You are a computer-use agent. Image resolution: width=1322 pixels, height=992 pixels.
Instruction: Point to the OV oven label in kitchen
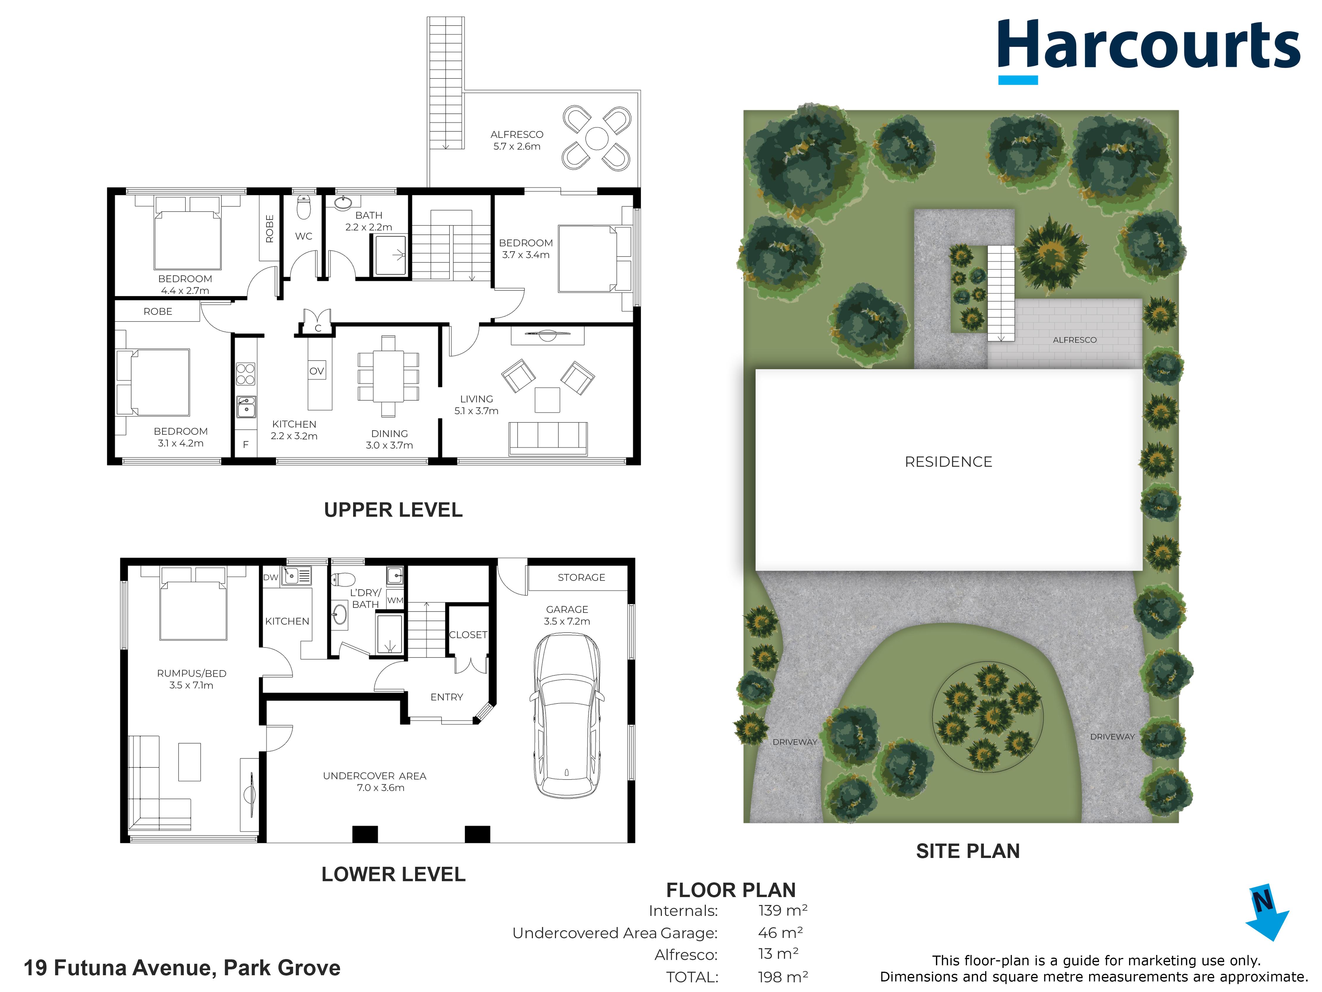pyautogui.click(x=317, y=371)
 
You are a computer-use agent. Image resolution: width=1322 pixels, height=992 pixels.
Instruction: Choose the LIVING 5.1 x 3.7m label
pyautogui.click(x=476, y=405)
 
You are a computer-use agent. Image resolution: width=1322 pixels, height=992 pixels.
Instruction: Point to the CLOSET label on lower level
pyautogui.click(x=468, y=634)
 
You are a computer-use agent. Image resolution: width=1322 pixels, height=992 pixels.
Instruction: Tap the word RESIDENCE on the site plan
pyautogui.click(x=949, y=462)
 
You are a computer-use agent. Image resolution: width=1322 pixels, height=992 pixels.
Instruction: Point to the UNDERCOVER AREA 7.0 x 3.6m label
pyautogui.click(x=375, y=782)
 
